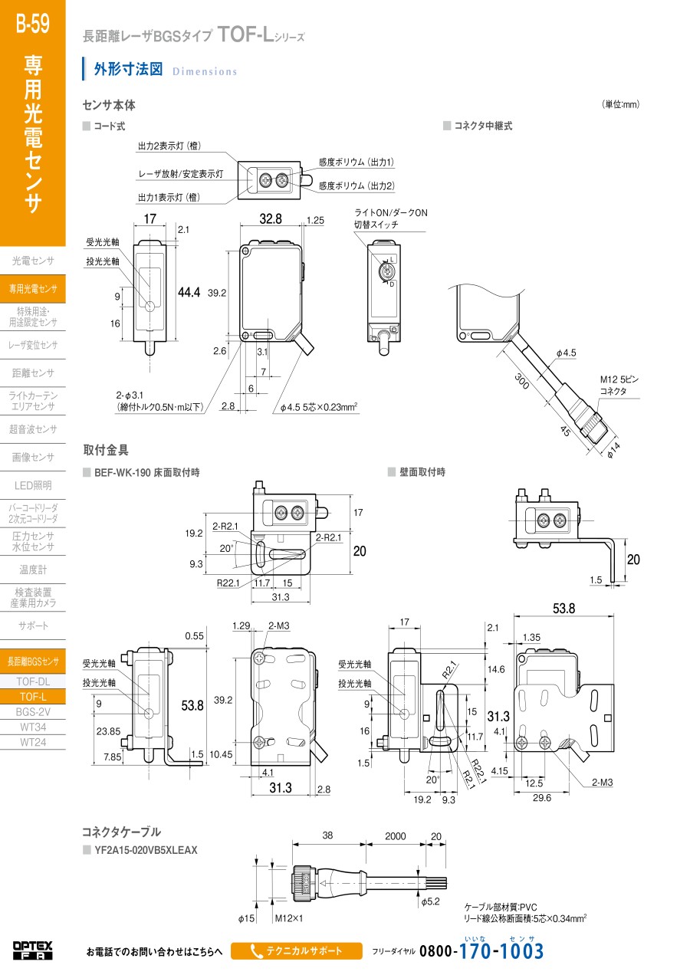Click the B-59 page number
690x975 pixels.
(33, 23)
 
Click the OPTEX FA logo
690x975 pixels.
(33, 951)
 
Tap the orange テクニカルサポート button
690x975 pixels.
(296, 951)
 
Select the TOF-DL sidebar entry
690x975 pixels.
(33, 681)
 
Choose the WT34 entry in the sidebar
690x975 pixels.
(33, 727)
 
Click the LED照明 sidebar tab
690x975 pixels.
(33, 485)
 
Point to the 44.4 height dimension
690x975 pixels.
(189, 292)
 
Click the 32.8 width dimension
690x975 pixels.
(271, 218)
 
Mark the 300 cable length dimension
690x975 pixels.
(522, 381)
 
